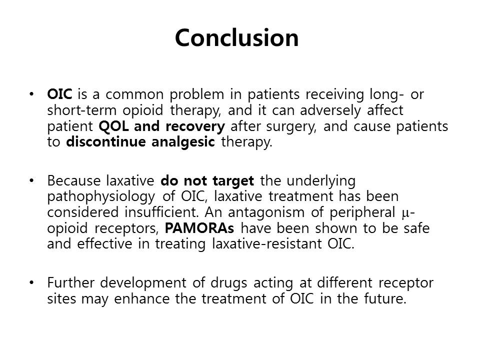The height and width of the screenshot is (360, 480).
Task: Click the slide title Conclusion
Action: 236,37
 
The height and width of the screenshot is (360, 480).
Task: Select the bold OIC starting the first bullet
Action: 59,94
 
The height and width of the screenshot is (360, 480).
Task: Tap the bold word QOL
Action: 113,126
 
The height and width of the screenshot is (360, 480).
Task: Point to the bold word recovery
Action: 195,126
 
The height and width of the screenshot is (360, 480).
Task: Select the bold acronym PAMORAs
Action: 199,228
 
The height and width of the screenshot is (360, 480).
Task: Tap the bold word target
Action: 233,181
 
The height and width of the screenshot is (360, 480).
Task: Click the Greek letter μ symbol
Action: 405,213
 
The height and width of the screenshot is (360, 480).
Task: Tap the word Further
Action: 70,282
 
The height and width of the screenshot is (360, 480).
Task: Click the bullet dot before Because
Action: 31,180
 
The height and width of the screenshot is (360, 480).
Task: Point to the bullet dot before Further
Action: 31,282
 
